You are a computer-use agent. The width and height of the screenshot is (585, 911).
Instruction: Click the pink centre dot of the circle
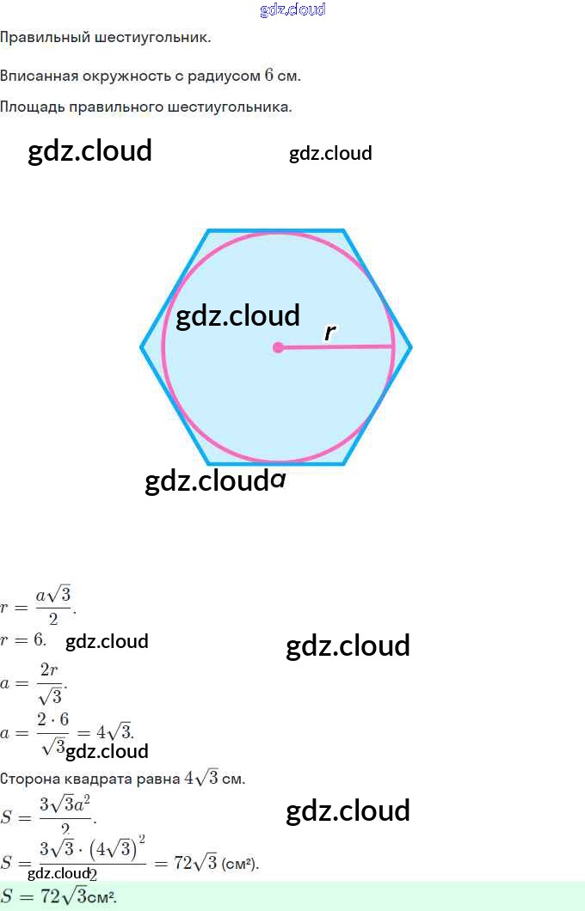(278, 348)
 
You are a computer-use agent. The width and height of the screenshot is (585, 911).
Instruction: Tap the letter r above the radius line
(329, 333)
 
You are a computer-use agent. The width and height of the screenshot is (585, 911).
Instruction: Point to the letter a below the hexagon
(277, 480)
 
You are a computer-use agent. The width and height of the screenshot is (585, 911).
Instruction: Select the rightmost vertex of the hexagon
(410, 347)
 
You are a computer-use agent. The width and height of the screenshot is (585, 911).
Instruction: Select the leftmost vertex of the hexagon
(142, 347)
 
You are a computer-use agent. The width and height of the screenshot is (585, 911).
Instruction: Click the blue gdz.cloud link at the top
(292, 10)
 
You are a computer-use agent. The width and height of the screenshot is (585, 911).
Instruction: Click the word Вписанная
(39, 76)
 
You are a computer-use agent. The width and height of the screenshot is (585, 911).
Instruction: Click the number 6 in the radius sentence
(269, 76)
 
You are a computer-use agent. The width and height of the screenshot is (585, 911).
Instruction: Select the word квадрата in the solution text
(92, 780)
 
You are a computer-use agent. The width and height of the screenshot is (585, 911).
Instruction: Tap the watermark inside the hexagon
(237, 315)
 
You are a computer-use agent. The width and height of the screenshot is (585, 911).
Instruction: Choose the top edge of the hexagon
(275, 230)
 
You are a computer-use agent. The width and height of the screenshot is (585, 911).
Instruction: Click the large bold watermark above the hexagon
(90, 150)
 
